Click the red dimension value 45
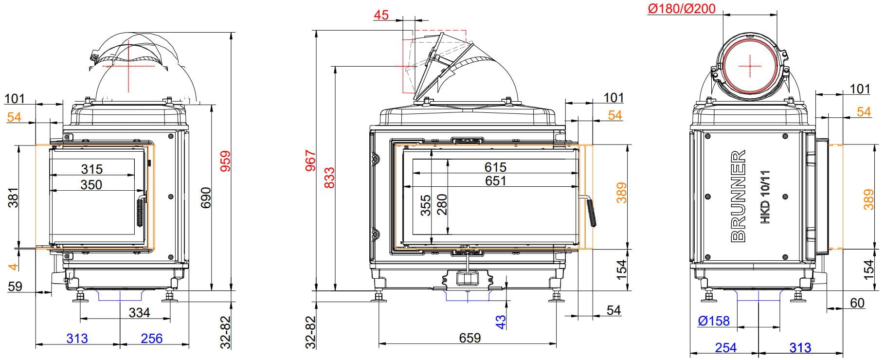pyautogui.click(x=381, y=15)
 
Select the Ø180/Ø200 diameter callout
pyautogui.click(x=682, y=8)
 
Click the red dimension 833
pyautogui.click(x=329, y=178)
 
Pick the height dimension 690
pyautogui.click(x=206, y=197)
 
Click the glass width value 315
pyautogui.click(x=92, y=169)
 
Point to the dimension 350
pyautogui.click(x=91, y=184)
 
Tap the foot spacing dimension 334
pyautogui.click(x=139, y=312)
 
